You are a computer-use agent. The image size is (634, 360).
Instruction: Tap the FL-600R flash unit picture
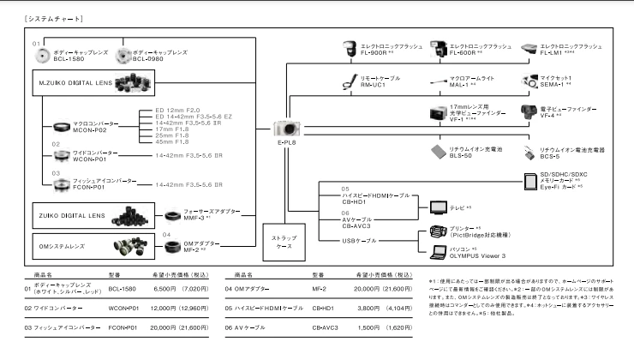point(438,49)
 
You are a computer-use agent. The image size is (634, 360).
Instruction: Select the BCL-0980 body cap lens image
point(125,56)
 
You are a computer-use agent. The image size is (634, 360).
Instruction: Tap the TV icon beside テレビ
point(438,207)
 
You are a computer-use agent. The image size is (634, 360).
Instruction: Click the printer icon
point(438,231)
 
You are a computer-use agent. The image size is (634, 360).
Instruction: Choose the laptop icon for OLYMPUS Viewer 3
point(438,251)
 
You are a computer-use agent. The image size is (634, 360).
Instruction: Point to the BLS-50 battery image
point(439,150)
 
